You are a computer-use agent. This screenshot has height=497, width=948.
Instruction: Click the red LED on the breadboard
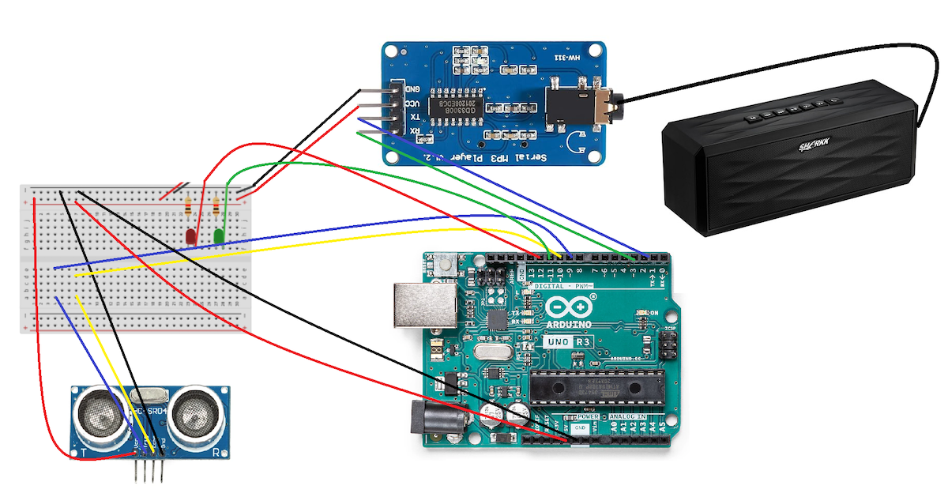tap(190, 235)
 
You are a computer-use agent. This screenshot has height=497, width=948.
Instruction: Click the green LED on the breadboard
tap(219, 235)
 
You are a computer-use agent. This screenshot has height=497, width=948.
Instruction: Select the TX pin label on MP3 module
tap(412, 116)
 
